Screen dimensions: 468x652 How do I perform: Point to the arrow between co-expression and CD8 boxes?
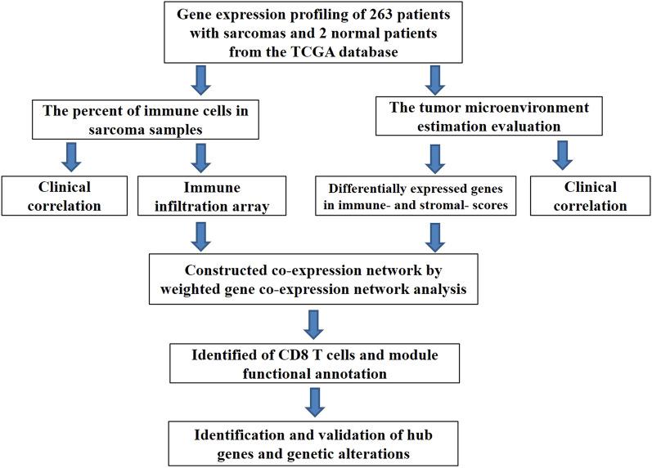(x=313, y=322)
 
